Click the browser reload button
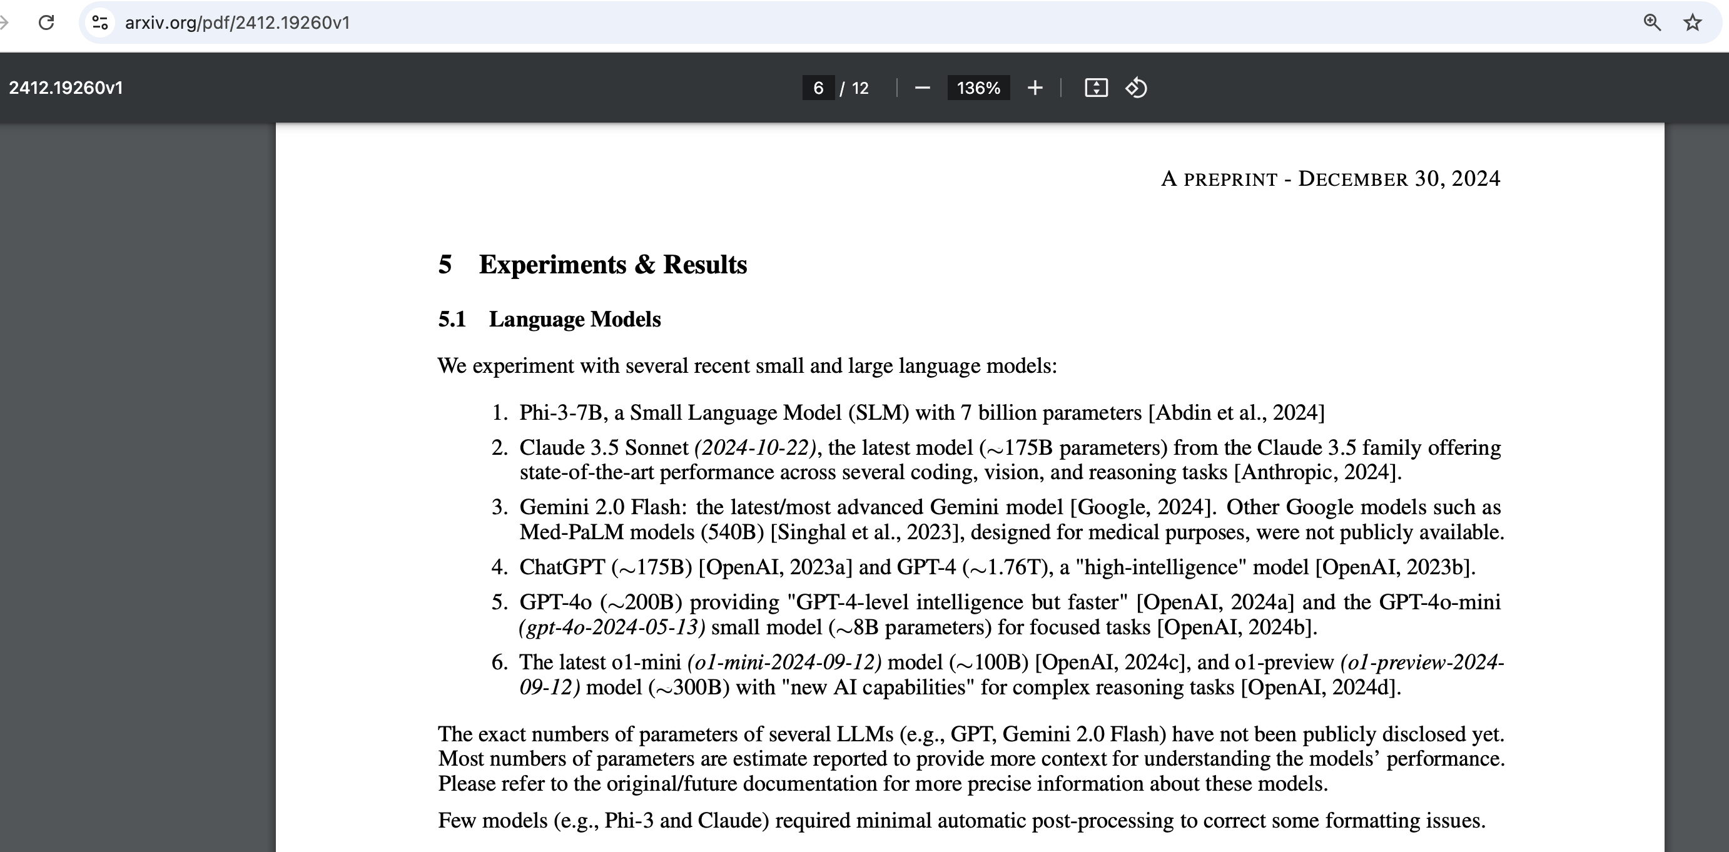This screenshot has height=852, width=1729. [46, 23]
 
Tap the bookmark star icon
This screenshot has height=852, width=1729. [1692, 23]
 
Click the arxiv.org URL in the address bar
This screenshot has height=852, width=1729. [237, 23]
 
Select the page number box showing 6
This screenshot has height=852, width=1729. [818, 88]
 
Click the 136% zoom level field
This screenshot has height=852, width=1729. [978, 88]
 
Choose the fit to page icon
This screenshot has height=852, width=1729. [1095, 88]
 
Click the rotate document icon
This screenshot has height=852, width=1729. [1135, 88]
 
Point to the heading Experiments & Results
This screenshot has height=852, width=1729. [612, 265]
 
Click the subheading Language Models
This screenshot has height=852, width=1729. [574, 319]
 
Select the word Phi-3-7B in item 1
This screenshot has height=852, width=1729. [561, 412]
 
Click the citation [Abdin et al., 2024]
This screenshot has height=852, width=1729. [1236, 412]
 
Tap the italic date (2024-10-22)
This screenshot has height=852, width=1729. [755, 447]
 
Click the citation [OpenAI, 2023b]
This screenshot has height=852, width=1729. [1395, 567]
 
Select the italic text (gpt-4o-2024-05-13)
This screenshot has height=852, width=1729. [612, 627]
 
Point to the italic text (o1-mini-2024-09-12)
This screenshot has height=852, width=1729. [784, 662]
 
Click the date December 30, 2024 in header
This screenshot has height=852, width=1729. [1399, 178]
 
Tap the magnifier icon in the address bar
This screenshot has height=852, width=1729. [1652, 23]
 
